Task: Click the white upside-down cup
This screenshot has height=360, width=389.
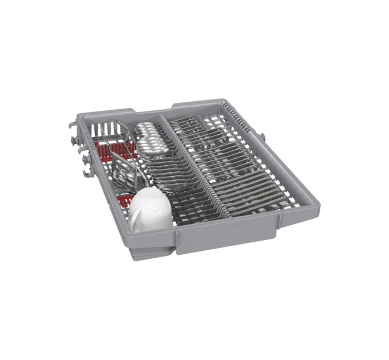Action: (151, 209)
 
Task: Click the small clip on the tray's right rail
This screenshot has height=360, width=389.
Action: (263, 137)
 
